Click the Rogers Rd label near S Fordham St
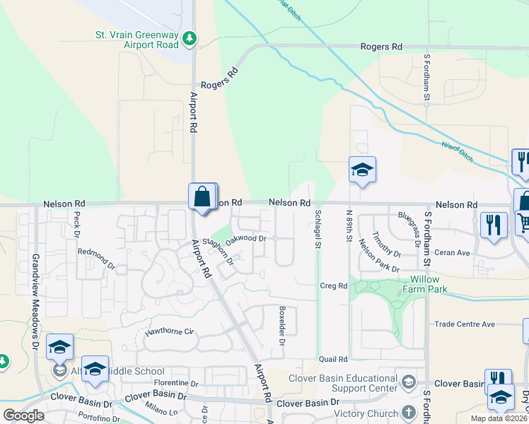click(381, 47)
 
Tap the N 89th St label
click(349, 227)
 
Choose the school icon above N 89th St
click(361, 170)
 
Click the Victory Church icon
click(408, 412)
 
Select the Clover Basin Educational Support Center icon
click(408, 382)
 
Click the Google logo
click(24, 416)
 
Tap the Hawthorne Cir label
click(169, 331)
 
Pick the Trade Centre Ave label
click(465, 324)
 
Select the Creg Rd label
click(333, 285)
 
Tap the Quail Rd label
click(333, 359)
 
